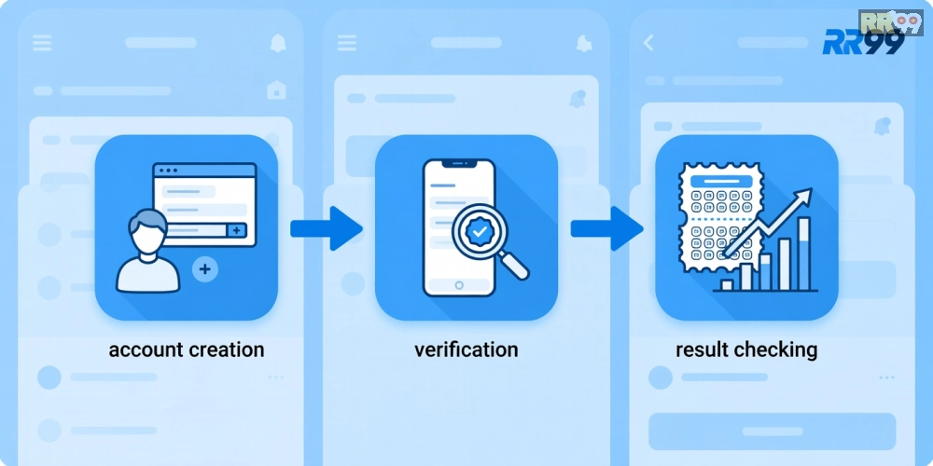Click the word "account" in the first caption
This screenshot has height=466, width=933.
[x=146, y=349]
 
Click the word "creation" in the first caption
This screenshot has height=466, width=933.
[x=226, y=349]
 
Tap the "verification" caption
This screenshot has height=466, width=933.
[x=466, y=349]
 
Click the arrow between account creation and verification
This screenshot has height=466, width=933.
[x=326, y=228]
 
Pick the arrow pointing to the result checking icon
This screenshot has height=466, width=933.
[x=606, y=228]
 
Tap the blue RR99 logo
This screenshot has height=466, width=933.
[x=863, y=43]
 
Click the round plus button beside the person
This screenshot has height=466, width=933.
[x=204, y=269]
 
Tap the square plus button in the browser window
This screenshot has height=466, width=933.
[x=237, y=230]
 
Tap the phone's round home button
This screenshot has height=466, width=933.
[x=459, y=285]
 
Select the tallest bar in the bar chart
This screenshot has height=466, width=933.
[x=803, y=254]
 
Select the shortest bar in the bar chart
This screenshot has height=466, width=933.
[x=727, y=285]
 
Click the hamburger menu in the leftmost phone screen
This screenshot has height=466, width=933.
[x=42, y=43]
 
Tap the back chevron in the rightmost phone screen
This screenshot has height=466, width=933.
[x=648, y=43]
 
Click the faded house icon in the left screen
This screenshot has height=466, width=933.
[x=276, y=89]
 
